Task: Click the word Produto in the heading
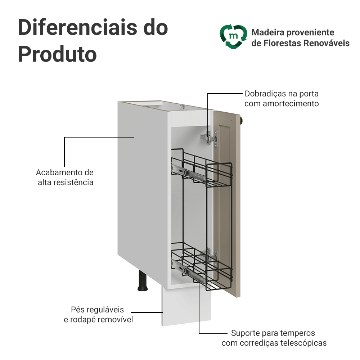tap(57, 54)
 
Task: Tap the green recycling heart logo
tap(234, 36)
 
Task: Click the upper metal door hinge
tap(210, 137)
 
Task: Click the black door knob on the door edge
tap(243, 120)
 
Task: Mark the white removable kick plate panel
tap(185, 306)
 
